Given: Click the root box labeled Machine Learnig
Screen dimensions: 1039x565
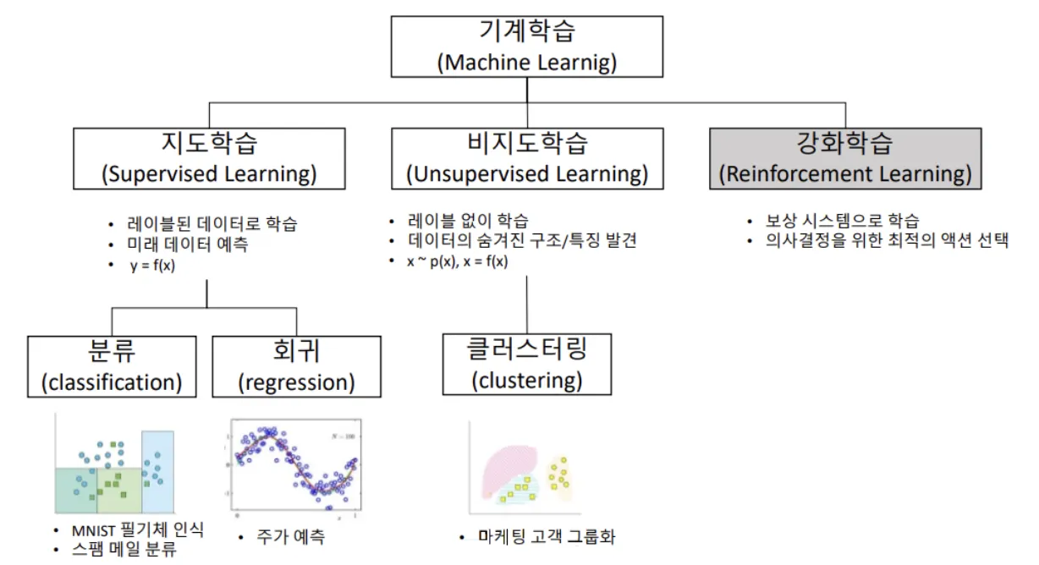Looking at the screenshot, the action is tap(527, 47).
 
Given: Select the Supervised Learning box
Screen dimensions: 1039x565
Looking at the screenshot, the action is tap(209, 158).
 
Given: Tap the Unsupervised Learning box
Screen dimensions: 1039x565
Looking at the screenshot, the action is tap(527, 158).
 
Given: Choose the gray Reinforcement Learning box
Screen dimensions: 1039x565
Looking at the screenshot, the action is tap(845, 158).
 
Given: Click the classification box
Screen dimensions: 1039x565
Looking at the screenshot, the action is tap(112, 366).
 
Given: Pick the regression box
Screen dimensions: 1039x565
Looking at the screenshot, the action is tap(297, 366).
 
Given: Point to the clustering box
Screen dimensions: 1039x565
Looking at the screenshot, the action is tap(527, 365).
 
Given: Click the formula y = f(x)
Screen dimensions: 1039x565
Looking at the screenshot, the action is tap(152, 266).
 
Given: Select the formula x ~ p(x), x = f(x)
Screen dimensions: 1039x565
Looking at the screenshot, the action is tap(458, 261).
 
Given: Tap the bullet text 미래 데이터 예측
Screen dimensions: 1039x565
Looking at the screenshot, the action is tap(188, 244).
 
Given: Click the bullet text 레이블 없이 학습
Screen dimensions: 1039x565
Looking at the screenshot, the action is tap(468, 221).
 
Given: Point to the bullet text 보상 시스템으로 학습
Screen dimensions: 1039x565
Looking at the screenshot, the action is tap(843, 221).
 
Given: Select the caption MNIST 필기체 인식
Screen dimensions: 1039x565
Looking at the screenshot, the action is tap(138, 529).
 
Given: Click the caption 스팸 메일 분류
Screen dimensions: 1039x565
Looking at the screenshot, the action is tap(124, 549).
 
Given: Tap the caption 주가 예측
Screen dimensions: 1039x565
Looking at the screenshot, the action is tap(291, 537).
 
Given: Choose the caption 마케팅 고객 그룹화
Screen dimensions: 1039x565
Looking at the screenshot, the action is tap(547, 537).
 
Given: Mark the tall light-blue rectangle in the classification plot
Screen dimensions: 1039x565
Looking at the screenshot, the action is tap(157, 472).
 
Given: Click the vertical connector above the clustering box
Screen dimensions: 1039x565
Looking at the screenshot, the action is tap(526, 304).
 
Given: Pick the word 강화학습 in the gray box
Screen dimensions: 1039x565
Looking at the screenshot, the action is tap(844, 143).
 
